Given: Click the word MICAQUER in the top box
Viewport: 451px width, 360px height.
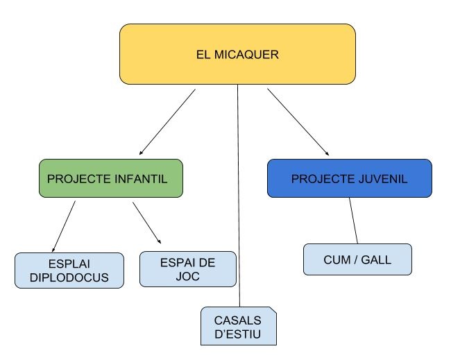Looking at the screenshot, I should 253,55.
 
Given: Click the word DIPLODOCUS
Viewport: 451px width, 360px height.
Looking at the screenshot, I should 70,278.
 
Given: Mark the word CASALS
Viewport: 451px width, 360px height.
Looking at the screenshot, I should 237,321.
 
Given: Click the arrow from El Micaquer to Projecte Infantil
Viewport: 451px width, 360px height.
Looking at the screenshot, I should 167,121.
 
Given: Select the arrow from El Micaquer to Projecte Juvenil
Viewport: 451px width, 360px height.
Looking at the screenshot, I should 297,121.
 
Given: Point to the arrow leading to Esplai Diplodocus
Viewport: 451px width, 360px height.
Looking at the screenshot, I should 64,225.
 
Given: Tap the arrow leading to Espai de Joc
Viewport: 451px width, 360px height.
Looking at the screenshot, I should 147,223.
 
